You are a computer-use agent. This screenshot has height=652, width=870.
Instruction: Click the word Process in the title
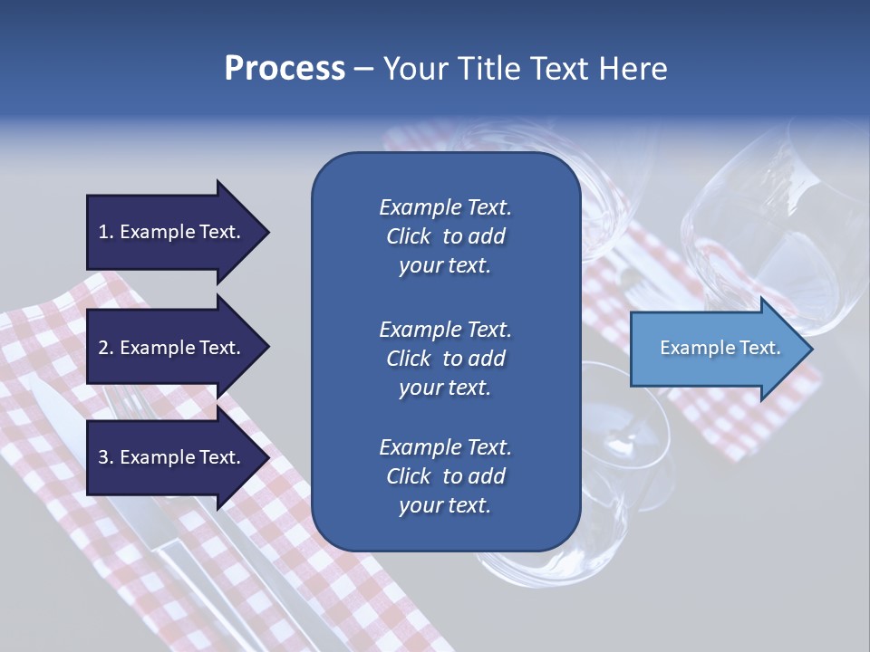pos(285,69)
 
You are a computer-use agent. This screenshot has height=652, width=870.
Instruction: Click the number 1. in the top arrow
pos(106,233)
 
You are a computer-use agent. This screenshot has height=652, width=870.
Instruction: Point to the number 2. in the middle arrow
pos(106,349)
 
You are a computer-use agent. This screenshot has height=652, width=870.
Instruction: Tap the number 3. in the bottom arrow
pos(106,458)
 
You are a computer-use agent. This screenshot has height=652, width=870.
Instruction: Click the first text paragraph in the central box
pos(445,236)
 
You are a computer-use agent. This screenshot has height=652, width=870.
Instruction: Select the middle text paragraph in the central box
pos(445,358)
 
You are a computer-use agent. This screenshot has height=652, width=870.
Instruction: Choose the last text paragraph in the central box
pos(445,476)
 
